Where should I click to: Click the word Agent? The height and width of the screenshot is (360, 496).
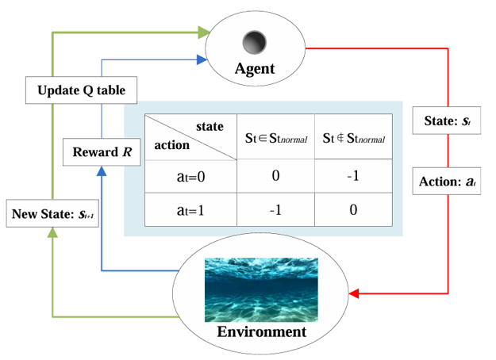pos(254,69)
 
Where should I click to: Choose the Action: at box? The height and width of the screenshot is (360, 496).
pos(448,181)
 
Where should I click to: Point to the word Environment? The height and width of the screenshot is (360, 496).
pos(261,331)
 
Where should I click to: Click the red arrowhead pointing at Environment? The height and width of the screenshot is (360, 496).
pos(356,295)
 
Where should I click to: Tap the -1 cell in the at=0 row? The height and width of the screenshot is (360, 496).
pos(353,176)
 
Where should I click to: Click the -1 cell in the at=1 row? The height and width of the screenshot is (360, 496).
pos(275,210)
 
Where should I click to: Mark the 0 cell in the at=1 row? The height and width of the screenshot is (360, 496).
pos(353,210)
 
